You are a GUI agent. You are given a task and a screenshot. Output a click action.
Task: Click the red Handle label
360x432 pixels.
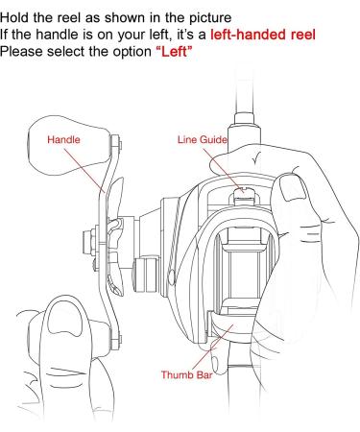pyautogui.click(x=63, y=140)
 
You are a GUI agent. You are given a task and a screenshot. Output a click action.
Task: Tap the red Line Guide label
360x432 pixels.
pyautogui.click(x=203, y=140)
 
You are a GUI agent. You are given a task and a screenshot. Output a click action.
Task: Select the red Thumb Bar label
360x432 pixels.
pyautogui.click(x=186, y=374)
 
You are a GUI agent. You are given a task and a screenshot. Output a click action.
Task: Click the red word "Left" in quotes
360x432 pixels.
pyautogui.click(x=174, y=52)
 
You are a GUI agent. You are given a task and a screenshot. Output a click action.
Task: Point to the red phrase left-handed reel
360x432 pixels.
pyautogui.click(x=263, y=35)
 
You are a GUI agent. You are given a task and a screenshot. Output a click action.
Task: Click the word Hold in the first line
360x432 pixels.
pyautogui.click(x=14, y=17)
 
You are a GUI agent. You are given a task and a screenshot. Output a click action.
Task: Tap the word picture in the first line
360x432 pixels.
pyautogui.click(x=210, y=18)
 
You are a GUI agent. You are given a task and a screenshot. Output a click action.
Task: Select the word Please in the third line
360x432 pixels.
pyautogui.click(x=21, y=52)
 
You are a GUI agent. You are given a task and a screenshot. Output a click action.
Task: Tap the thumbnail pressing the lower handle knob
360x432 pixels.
pyautogui.click(x=64, y=320)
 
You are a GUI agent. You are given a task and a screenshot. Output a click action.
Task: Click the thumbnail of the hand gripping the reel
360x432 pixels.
pyautogui.click(x=293, y=187)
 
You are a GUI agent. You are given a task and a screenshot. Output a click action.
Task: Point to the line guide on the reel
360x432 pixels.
pyautogui.click(x=243, y=196)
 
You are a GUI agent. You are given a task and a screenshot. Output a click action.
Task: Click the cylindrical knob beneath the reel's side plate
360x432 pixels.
pyautogui.click(x=146, y=275)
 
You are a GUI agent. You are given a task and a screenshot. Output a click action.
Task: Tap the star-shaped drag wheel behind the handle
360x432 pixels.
pyautogui.click(x=115, y=237)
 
